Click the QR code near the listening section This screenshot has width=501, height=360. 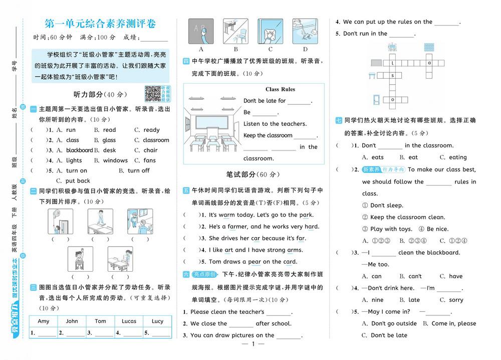click(152, 94)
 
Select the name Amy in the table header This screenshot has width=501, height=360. click(44, 321)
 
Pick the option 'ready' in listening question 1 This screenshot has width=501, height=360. click(151, 130)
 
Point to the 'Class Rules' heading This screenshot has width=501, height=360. click(280, 89)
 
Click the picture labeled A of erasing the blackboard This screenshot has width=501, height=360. click(200, 32)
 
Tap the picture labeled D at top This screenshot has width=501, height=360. click(305, 32)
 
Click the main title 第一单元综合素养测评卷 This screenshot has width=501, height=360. click(100, 23)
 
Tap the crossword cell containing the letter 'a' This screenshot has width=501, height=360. click(429, 63)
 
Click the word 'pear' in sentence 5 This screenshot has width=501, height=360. click(255, 262)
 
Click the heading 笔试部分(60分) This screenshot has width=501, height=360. click(253, 174)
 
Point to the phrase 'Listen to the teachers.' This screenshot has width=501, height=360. click(275, 124)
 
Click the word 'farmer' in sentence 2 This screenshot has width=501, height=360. click(237, 227)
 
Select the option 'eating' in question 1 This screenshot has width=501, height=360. click(457, 157)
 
